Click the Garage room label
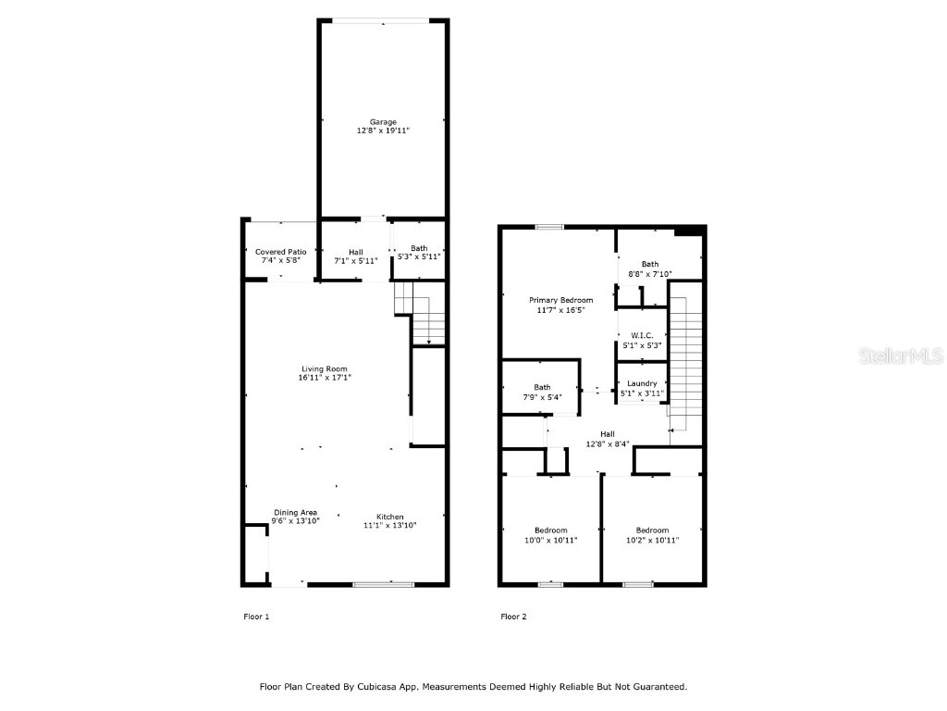[x=383, y=122]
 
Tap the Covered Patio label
[x=281, y=252]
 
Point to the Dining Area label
[x=295, y=513]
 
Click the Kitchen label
[x=389, y=517]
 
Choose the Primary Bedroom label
[x=560, y=300]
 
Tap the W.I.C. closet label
[x=642, y=335]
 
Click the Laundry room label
[x=642, y=383]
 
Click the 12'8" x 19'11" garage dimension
[x=383, y=131]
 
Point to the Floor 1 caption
[x=256, y=617]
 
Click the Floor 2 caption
[x=513, y=617]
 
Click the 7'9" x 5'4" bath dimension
[x=542, y=397]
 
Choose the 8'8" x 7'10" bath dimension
[x=650, y=274]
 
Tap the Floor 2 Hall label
[x=608, y=434]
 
